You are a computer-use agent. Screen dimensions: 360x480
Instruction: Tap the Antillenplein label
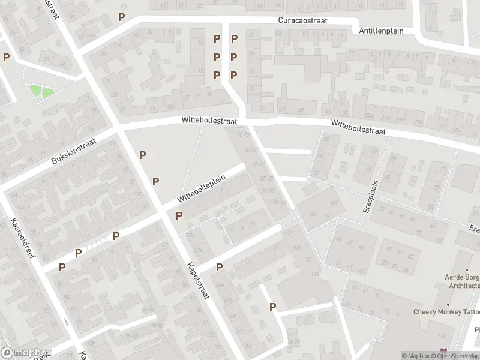click(381, 30)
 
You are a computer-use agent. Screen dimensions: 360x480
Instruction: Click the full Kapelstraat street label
click(197, 281)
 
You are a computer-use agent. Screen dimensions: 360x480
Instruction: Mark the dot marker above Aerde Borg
click(467, 271)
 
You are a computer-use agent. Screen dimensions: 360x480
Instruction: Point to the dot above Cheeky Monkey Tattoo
click(467, 302)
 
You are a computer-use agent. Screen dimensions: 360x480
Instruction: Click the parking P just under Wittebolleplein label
click(179, 215)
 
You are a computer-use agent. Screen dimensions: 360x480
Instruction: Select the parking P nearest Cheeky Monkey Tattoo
click(273, 307)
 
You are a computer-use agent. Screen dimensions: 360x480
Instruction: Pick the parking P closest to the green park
click(7, 58)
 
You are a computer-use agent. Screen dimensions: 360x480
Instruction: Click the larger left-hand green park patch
click(36, 91)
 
